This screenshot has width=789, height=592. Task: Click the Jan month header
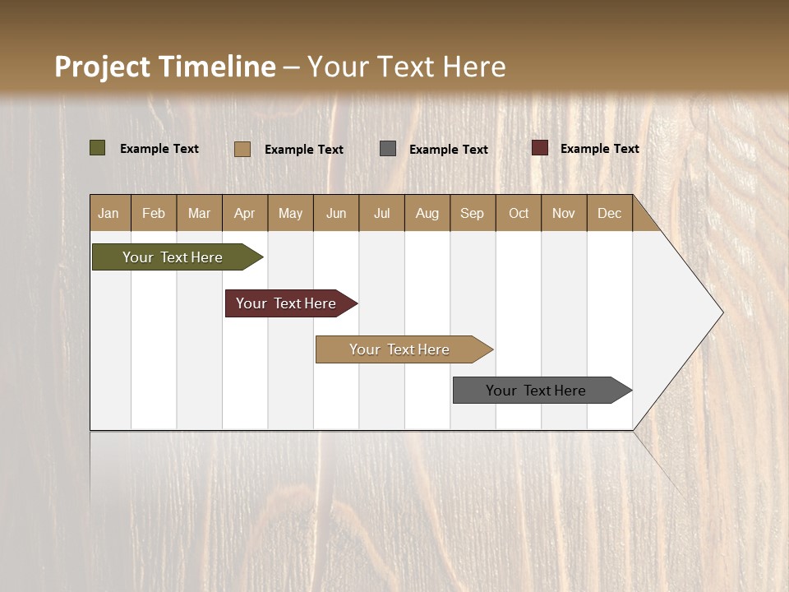point(109,213)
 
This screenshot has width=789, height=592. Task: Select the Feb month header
point(154,213)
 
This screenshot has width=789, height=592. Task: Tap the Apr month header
point(245,213)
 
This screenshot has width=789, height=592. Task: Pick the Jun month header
point(336,213)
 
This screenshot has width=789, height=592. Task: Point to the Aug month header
point(427,213)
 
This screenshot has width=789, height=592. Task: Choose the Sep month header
point(473,213)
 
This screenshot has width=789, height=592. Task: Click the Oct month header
point(519,213)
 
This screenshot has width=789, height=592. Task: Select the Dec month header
point(610,213)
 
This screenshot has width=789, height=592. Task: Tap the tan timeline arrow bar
point(400,349)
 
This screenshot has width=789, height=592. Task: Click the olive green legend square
point(98,148)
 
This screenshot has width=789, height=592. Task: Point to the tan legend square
point(242,149)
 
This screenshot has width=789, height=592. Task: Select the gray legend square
point(388,149)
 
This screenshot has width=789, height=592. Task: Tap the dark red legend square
point(540,148)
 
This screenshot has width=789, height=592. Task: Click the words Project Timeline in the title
point(165,67)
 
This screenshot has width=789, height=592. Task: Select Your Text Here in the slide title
point(407,67)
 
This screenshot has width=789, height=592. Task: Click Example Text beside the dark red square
point(600,149)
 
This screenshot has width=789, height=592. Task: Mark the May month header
point(290,213)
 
